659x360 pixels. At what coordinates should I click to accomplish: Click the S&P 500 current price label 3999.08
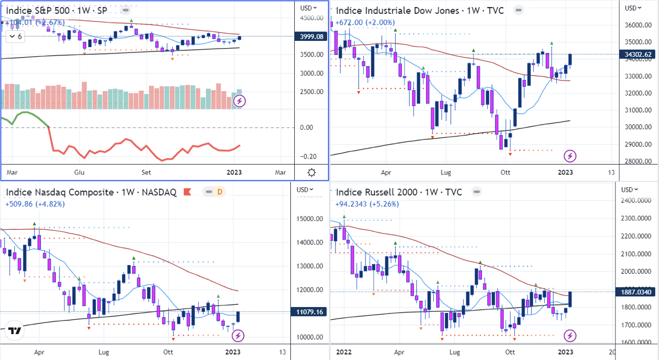[311, 36]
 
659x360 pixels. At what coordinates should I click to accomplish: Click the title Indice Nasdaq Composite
[91, 192]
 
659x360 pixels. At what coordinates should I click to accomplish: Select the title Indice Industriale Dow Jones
[419, 10]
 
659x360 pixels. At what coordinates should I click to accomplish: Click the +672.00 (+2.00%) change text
[365, 23]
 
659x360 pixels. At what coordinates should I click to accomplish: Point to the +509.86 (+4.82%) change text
[35, 204]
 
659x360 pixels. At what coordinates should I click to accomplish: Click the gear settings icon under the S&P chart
[311, 172]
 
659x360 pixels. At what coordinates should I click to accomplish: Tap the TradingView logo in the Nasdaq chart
[15, 331]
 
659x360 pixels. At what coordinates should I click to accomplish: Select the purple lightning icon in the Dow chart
[570, 155]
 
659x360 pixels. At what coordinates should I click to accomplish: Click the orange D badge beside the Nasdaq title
[220, 192]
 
